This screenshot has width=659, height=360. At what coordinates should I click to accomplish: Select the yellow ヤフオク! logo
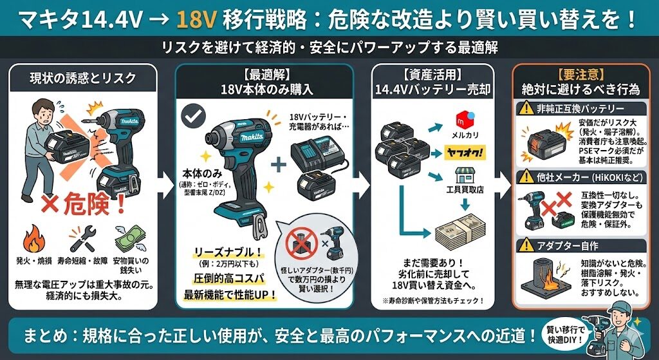pyautogui.click(x=465, y=153)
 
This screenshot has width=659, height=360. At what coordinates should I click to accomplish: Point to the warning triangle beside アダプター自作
pyautogui.click(x=527, y=245)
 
